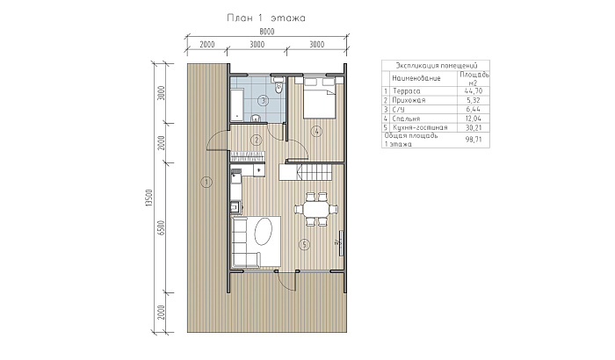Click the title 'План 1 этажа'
point(266,18)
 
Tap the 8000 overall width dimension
point(267,32)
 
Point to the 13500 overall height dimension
point(148,198)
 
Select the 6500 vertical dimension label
point(162,227)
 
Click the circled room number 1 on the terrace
point(206,182)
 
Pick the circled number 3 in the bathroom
point(264,101)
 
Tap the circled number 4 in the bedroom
point(316,132)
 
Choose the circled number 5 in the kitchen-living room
point(304,245)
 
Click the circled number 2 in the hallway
point(257,140)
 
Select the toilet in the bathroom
point(279,84)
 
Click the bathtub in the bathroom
point(236,105)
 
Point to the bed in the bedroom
point(320,98)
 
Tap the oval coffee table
point(264,231)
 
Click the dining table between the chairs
point(316,209)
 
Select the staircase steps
point(315,172)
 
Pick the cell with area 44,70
point(474,91)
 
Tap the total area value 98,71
point(474,140)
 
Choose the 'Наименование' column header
point(416,78)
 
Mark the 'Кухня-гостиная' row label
point(420,127)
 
